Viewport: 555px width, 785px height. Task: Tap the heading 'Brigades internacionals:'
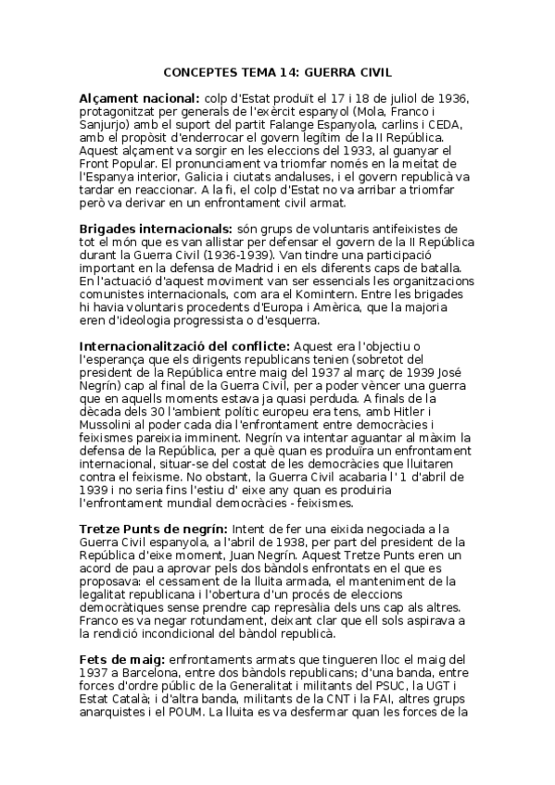point(153,227)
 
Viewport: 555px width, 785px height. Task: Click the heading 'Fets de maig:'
point(121,657)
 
